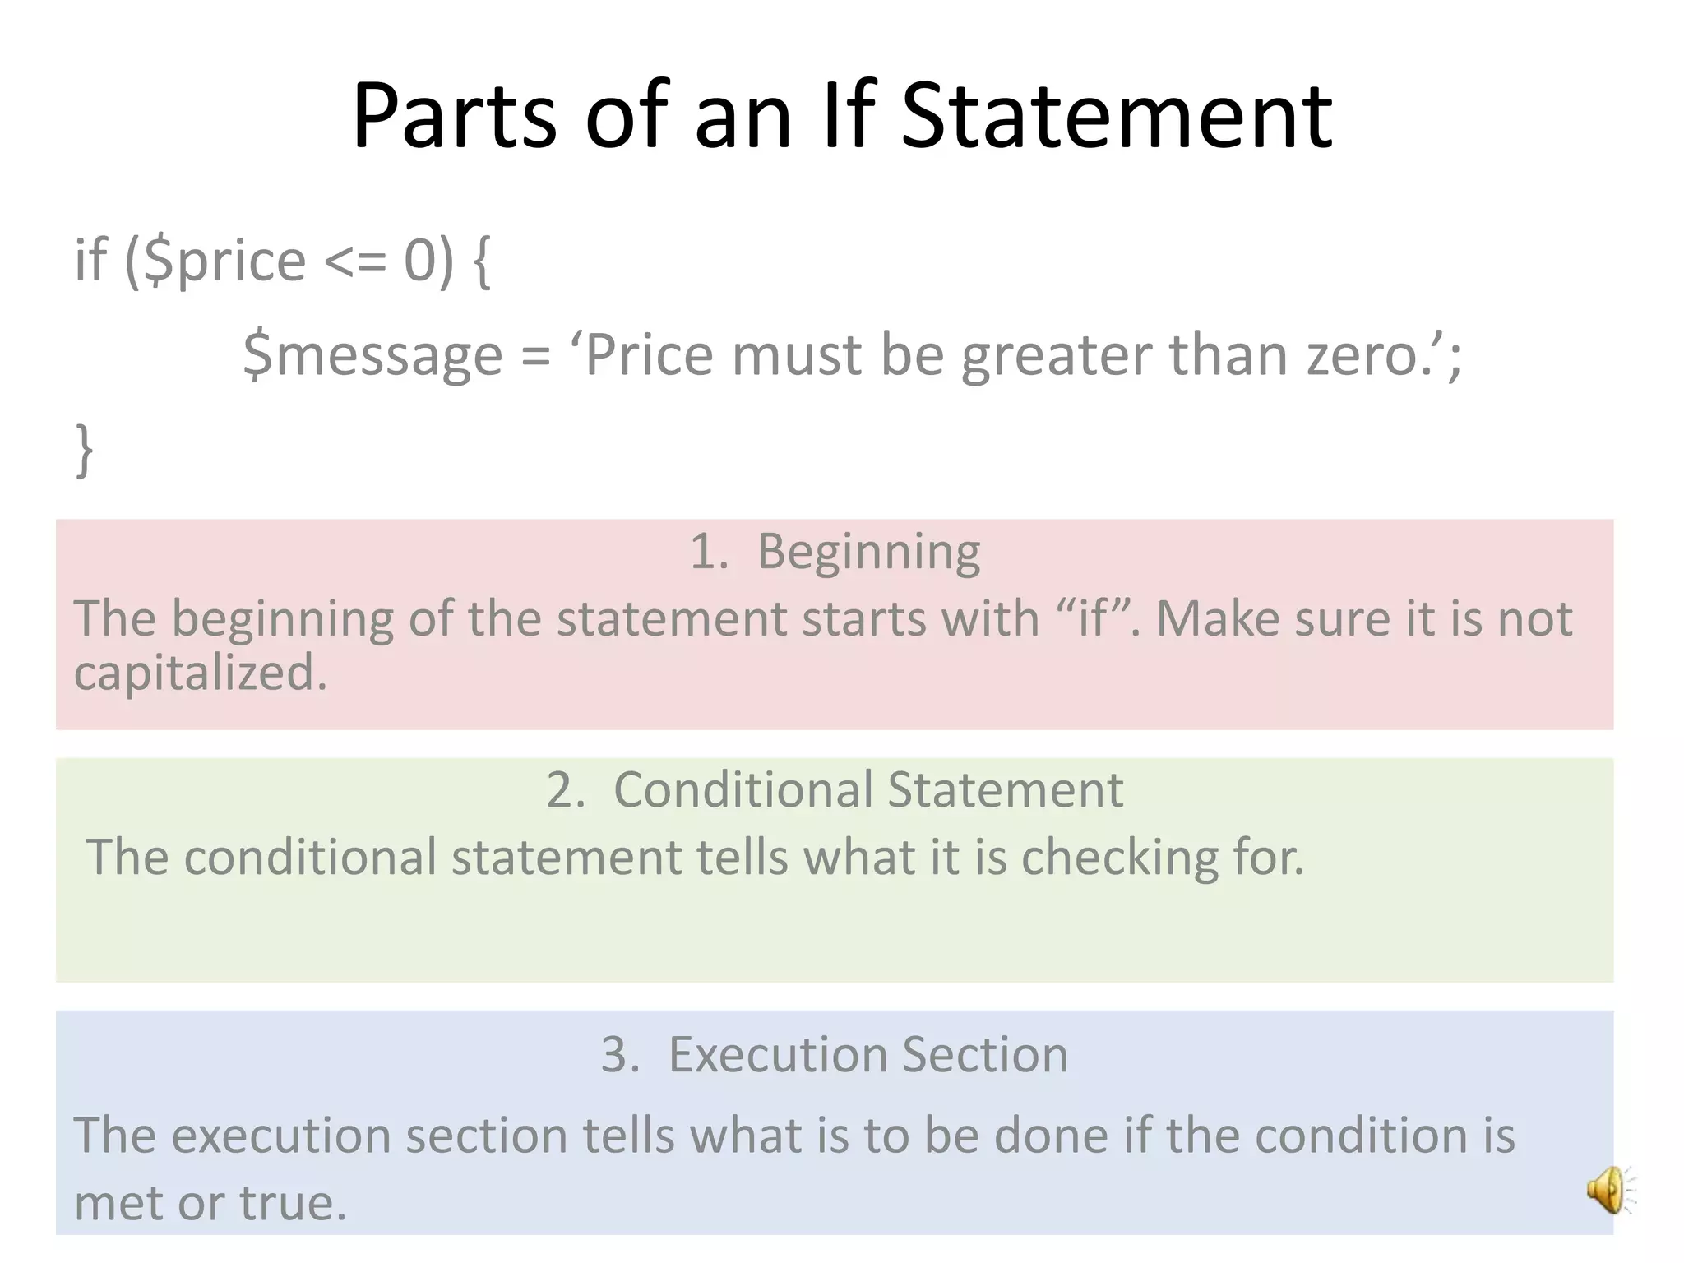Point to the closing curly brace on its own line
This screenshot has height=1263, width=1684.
coord(84,450)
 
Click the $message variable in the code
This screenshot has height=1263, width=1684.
coord(372,355)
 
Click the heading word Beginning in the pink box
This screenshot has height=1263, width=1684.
coord(868,552)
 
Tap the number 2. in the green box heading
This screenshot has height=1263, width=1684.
coord(566,790)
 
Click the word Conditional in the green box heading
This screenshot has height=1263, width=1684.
coord(742,790)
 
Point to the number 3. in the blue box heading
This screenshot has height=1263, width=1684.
coord(620,1054)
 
